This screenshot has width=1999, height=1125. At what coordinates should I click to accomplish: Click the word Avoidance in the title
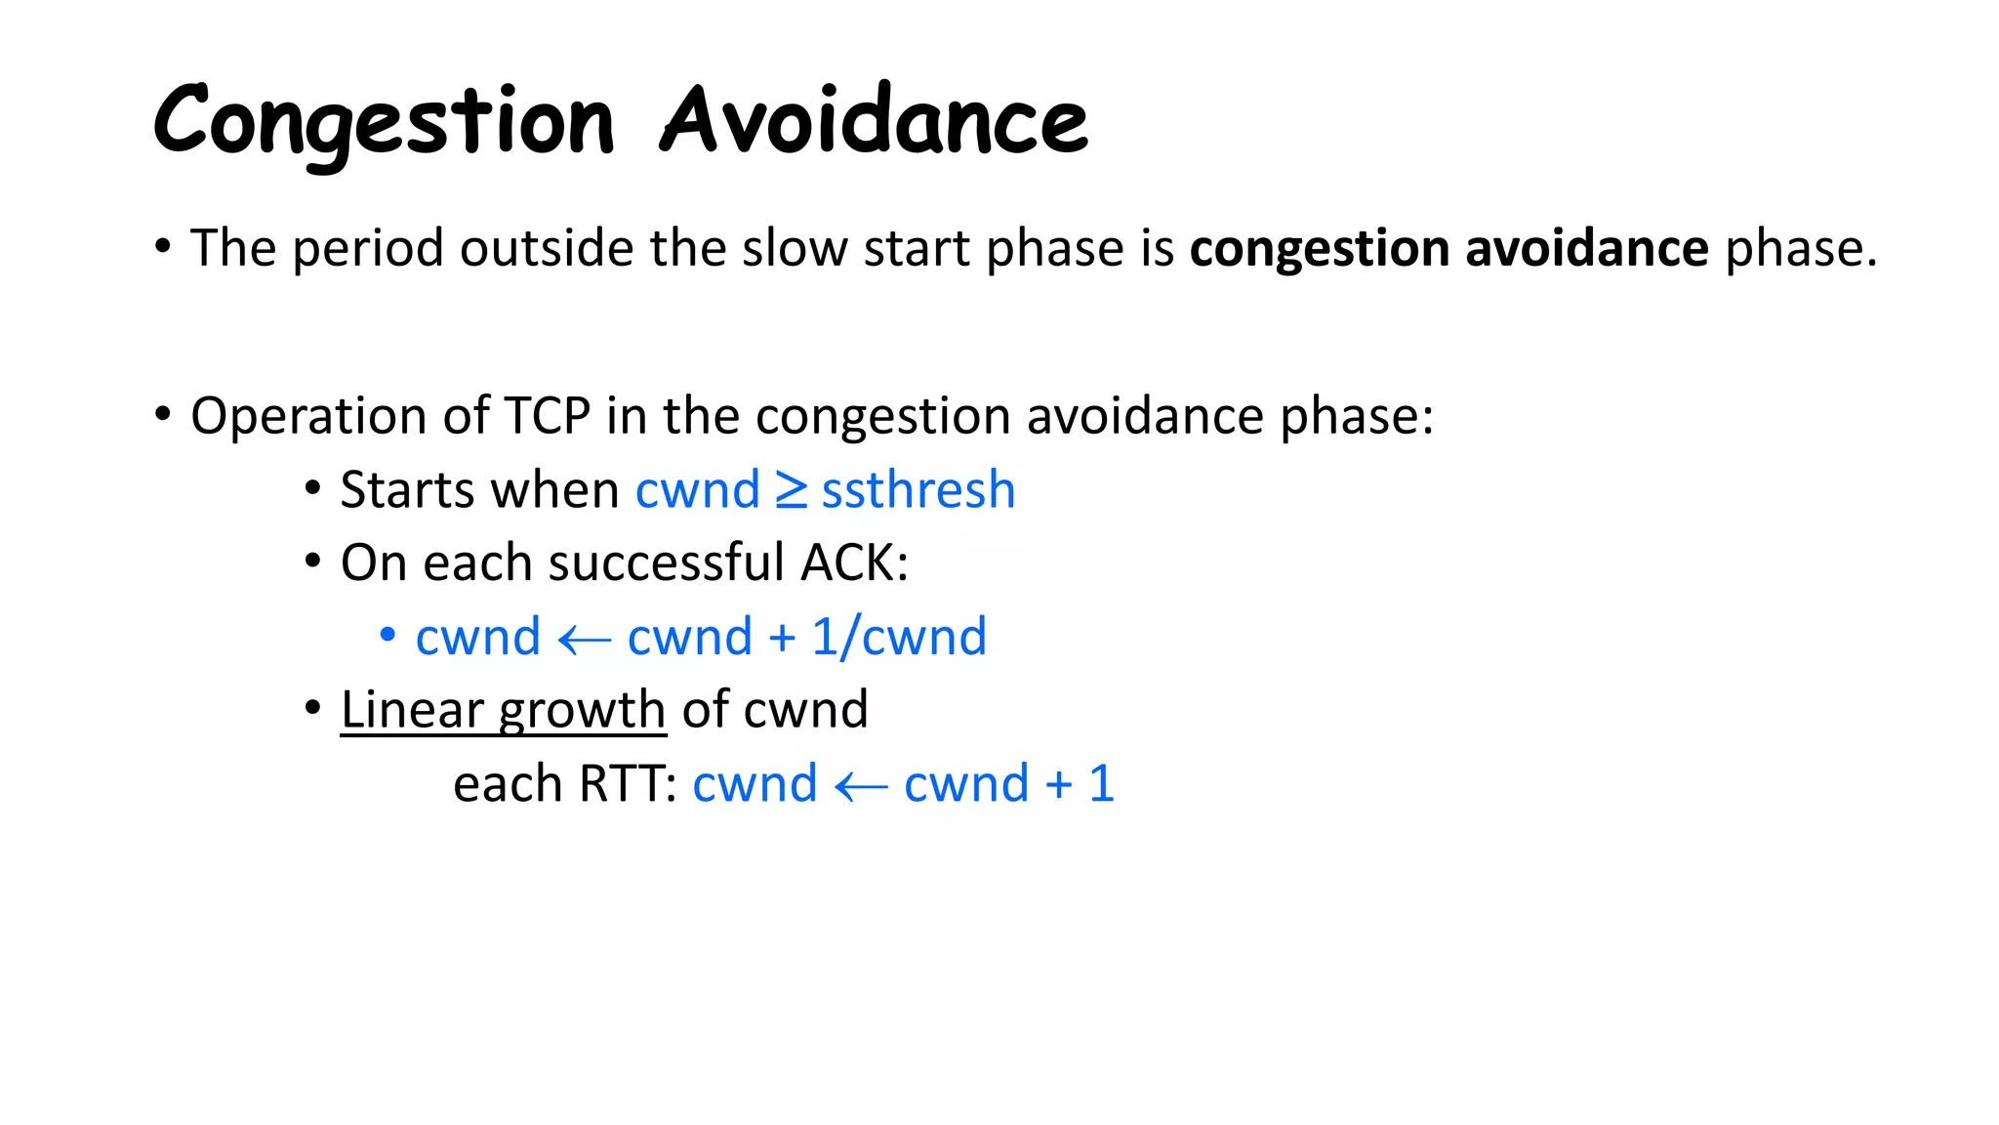[874, 121]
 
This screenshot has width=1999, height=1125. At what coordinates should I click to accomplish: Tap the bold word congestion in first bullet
[1319, 249]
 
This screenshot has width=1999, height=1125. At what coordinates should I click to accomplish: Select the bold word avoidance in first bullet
[1586, 248]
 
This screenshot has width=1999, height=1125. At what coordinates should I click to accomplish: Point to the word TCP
[547, 416]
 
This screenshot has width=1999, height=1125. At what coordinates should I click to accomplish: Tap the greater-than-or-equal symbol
[791, 490]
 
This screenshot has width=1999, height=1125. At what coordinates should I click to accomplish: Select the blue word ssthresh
[918, 489]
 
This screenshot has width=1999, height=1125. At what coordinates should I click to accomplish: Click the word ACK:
[854, 563]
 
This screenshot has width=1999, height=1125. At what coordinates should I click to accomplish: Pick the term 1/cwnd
[899, 637]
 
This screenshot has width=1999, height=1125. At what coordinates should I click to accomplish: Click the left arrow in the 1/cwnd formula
[584, 641]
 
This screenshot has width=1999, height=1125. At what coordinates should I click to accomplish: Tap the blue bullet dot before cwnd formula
[388, 636]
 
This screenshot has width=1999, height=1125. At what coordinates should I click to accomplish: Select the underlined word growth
[583, 711]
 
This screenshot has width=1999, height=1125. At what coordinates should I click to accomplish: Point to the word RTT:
[628, 784]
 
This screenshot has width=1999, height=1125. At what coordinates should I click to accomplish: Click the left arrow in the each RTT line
[861, 787]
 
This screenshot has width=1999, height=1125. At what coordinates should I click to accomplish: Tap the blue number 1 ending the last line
[1101, 784]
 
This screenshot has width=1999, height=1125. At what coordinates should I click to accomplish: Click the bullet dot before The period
[163, 245]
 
